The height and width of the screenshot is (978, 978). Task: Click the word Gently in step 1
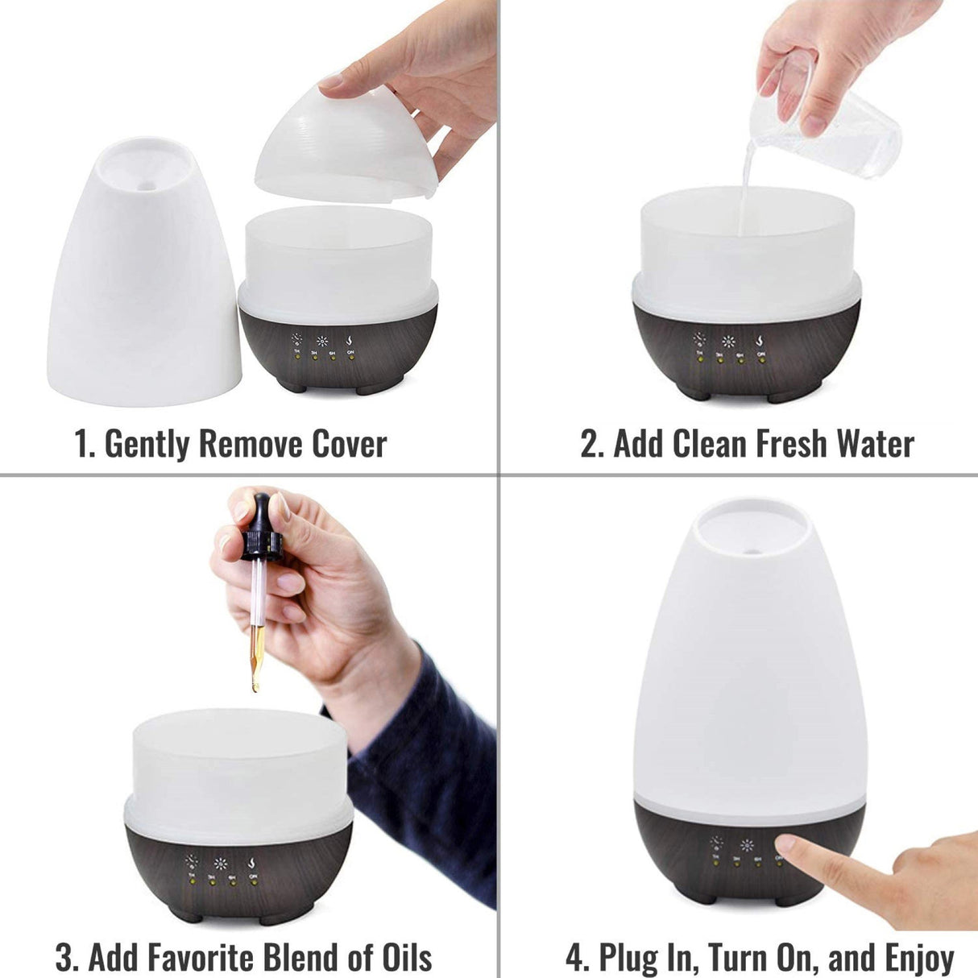click(148, 445)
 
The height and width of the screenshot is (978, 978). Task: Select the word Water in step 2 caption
click(875, 445)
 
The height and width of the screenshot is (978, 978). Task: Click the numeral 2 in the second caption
click(591, 445)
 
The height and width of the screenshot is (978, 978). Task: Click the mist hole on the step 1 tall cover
click(146, 185)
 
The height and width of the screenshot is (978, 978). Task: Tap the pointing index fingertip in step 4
click(786, 845)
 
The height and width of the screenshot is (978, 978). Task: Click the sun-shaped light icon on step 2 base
click(728, 341)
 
